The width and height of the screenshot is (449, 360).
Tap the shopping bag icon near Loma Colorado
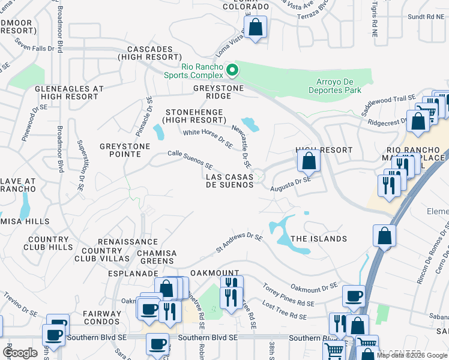point(256,28)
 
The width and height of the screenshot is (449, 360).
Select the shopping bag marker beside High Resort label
point(309,161)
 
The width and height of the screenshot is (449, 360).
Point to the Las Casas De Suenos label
point(230,181)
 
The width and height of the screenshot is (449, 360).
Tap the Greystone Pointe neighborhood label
point(120,150)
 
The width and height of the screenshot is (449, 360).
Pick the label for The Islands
point(319,239)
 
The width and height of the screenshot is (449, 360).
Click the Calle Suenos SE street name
point(190,160)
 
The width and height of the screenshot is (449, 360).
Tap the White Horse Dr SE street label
point(208,139)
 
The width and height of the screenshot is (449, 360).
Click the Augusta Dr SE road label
point(291,184)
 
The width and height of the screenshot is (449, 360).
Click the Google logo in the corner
point(20,353)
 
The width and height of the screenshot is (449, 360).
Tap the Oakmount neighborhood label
point(215,273)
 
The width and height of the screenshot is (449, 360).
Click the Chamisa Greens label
point(157,257)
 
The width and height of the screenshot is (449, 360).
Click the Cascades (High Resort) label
point(145,53)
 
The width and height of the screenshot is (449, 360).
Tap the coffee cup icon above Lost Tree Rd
point(354,296)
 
